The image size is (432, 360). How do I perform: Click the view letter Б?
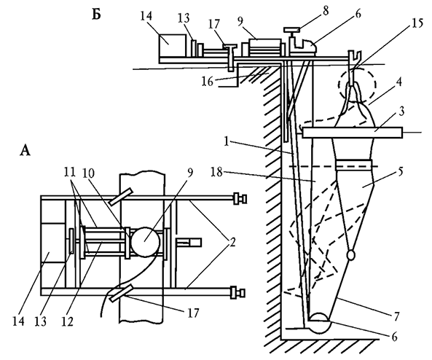click(x=96, y=15)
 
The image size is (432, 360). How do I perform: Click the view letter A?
click(x=25, y=151)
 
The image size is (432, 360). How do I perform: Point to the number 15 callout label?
click(x=416, y=23)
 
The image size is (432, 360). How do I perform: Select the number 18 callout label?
click(x=218, y=173)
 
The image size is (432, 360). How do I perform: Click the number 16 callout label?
click(x=208, y=82)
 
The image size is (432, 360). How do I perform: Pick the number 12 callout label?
click(x=68, y=321)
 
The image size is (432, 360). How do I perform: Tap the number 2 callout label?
click(x=232, y=243)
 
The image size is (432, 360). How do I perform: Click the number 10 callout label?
click(x=88, y=173)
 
